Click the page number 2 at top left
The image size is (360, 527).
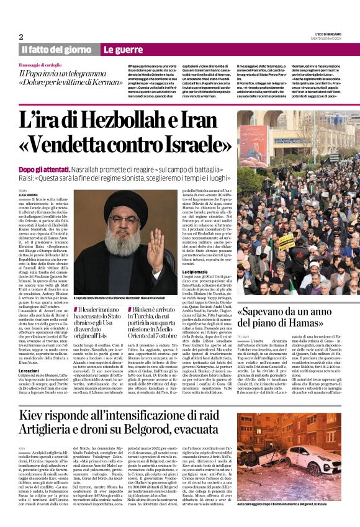21,37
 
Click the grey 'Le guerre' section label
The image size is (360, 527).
122,49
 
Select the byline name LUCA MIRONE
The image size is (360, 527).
28,195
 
